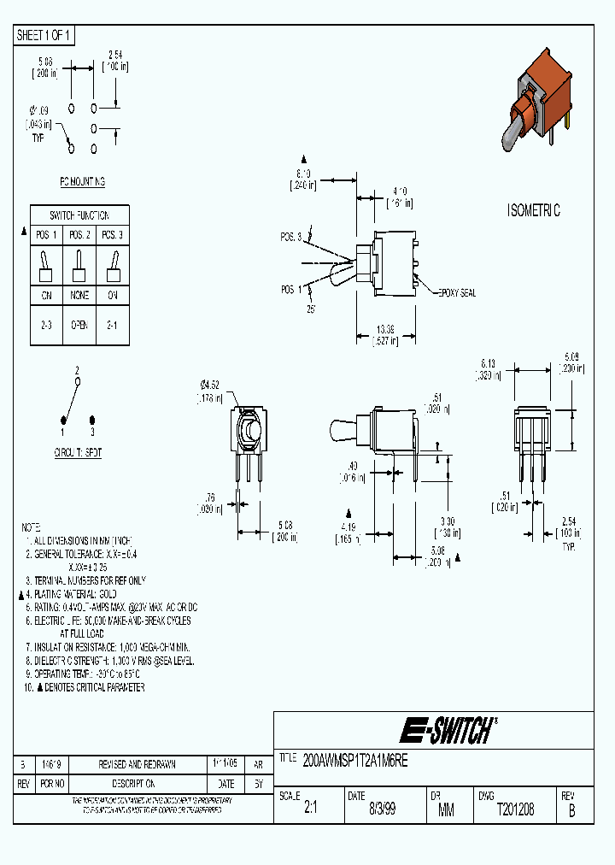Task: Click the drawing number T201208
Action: tap(515, 809)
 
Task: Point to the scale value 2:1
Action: tap(311, 809)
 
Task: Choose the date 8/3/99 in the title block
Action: tap(382, 809)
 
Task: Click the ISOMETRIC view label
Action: tap(534, 211)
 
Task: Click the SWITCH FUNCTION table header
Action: tap(80, 215)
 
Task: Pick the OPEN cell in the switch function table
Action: tap(79, 326)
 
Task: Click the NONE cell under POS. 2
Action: tap(79, 297)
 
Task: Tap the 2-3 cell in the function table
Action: tap(46, 326)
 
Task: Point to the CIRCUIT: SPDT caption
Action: tap(78, 453)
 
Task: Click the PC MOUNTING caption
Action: tap(83, 182)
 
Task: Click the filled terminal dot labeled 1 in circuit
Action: tap(63, 420)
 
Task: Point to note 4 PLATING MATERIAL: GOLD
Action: tap(73, 593)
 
